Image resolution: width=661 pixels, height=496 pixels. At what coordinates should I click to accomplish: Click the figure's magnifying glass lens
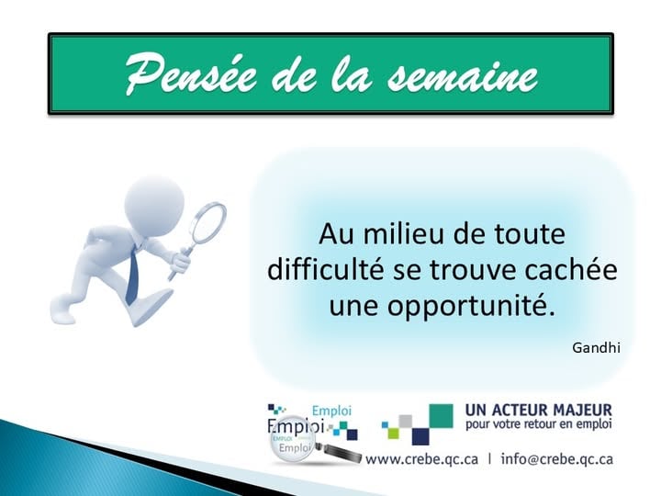[207, 221]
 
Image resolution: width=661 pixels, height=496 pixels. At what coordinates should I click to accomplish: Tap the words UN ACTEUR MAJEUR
[539, 409]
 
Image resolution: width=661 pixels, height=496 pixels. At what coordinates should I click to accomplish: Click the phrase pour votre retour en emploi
[539, 425]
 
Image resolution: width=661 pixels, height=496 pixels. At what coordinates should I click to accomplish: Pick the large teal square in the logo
[442, 416]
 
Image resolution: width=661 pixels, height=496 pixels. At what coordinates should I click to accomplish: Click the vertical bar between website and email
[489, 458]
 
